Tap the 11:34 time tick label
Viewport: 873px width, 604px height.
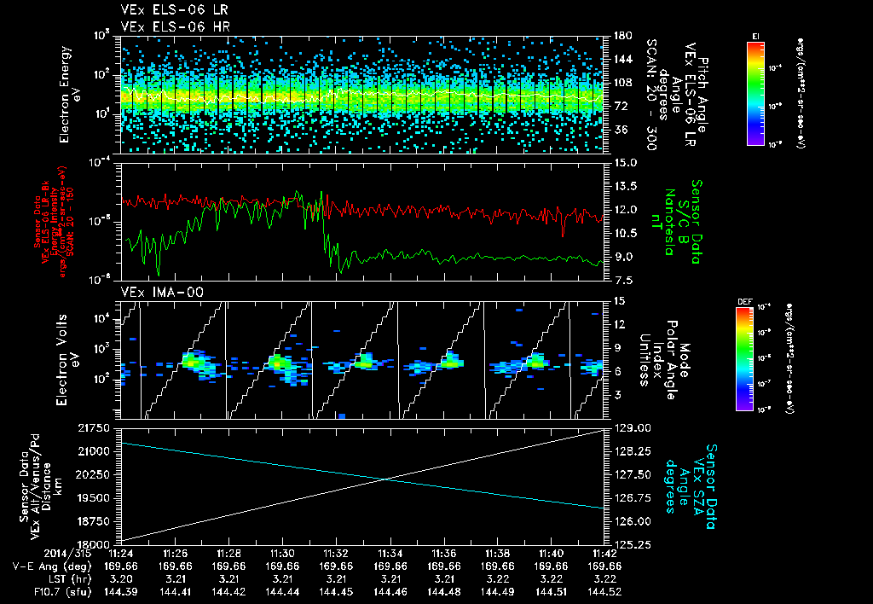click(390, 554)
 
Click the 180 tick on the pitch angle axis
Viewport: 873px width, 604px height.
click(621, 36)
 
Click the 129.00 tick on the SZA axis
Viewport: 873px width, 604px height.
click(633, 427)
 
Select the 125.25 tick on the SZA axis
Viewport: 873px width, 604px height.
click(633, 543)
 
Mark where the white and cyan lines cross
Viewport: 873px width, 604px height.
click(385, 479)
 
